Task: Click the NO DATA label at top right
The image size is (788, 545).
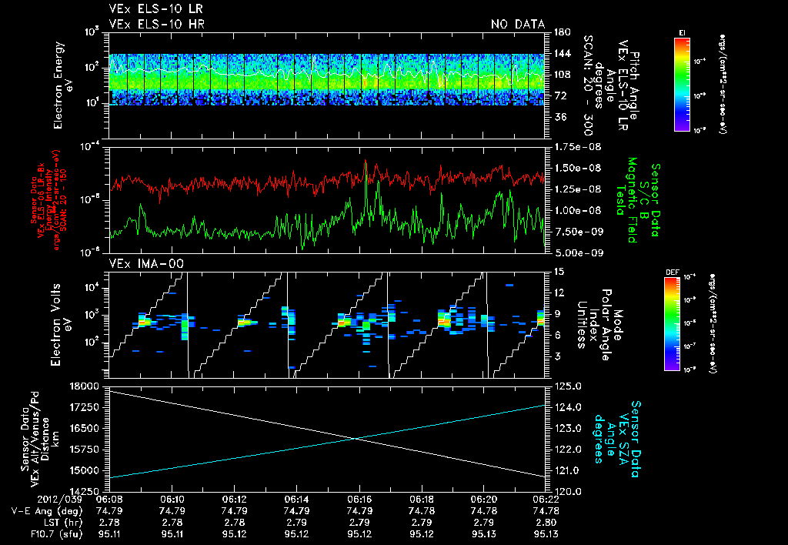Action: pyautogui.click(x=518, y=25)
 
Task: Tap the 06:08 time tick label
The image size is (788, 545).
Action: pyautogui.click(x=110, y=500)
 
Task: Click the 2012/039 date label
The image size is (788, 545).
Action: pyautogui.click(x=31, y=500)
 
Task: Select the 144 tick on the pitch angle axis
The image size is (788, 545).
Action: pyautogui.click(x=557, y=54)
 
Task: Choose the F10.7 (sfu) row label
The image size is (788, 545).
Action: pyautogui.click(x=32, y=534)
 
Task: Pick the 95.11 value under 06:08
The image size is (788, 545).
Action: pyautogui.click(x=110, y=534)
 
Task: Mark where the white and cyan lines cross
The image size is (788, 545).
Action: pyautogui.click(x=356, y=439)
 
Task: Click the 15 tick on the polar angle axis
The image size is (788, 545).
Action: pyautogui.click(x=556, y=272)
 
